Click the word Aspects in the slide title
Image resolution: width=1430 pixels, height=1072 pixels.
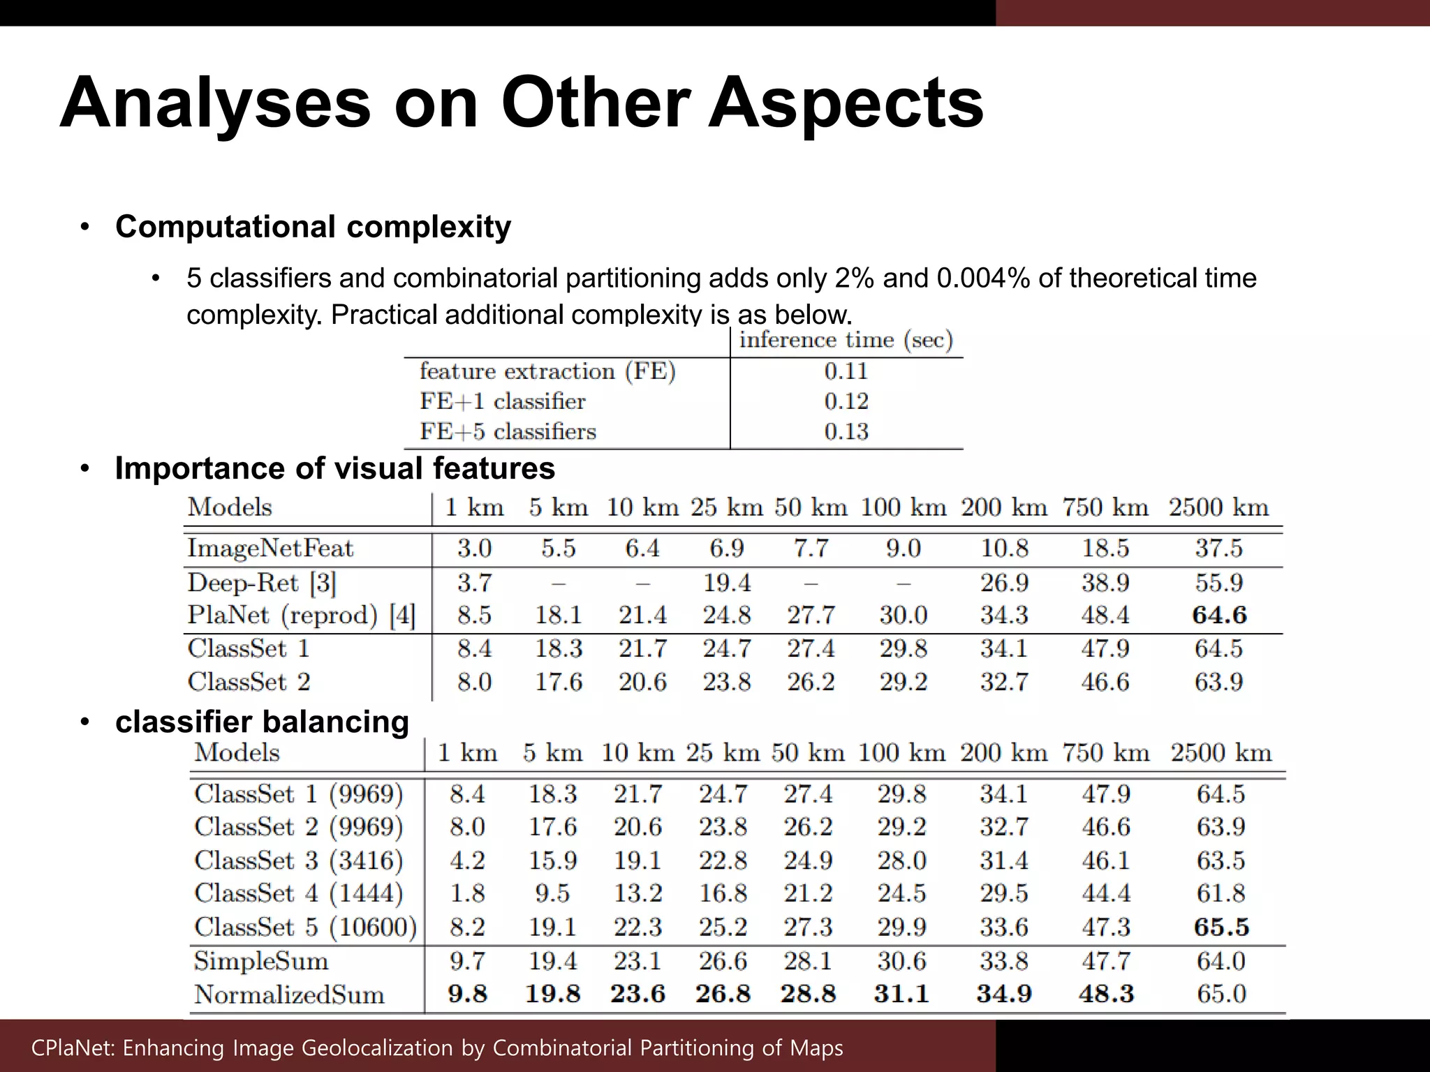tap(846, 103)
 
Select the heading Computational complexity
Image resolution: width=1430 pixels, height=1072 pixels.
tap(313, 227)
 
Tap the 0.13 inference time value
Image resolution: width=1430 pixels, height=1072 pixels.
tap(846, 431)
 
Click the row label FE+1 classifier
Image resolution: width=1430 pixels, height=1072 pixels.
tap(502, 401)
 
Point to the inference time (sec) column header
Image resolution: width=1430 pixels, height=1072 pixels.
tap(846, 340)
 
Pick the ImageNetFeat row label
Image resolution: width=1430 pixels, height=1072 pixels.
tap(270, 548)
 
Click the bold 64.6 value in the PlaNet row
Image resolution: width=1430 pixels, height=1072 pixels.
tap(1219, 615)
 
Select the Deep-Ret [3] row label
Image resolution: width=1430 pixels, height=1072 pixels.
tap(261, 582)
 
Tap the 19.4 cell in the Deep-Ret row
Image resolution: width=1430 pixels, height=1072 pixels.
tap(726, 582)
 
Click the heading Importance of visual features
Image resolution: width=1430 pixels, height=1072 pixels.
tap(334, 468)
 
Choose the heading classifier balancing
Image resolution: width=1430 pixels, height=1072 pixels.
tap(262, 722)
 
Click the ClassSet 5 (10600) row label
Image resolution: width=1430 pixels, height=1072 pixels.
tap(305, 927)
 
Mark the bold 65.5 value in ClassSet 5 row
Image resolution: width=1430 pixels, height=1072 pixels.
tap(1221, 927)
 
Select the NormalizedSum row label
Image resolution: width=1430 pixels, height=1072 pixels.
tap(289, 994)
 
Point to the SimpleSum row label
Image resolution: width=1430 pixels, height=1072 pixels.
tap(260, 961)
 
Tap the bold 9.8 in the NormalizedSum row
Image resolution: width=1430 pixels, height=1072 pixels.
tap(467, 994)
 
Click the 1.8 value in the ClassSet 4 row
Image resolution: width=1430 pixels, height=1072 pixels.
tap(467, 893)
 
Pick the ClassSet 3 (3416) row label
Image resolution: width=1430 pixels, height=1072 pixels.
tap(298, 860)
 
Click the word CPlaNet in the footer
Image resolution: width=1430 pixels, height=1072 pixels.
tap(67, 1048)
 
